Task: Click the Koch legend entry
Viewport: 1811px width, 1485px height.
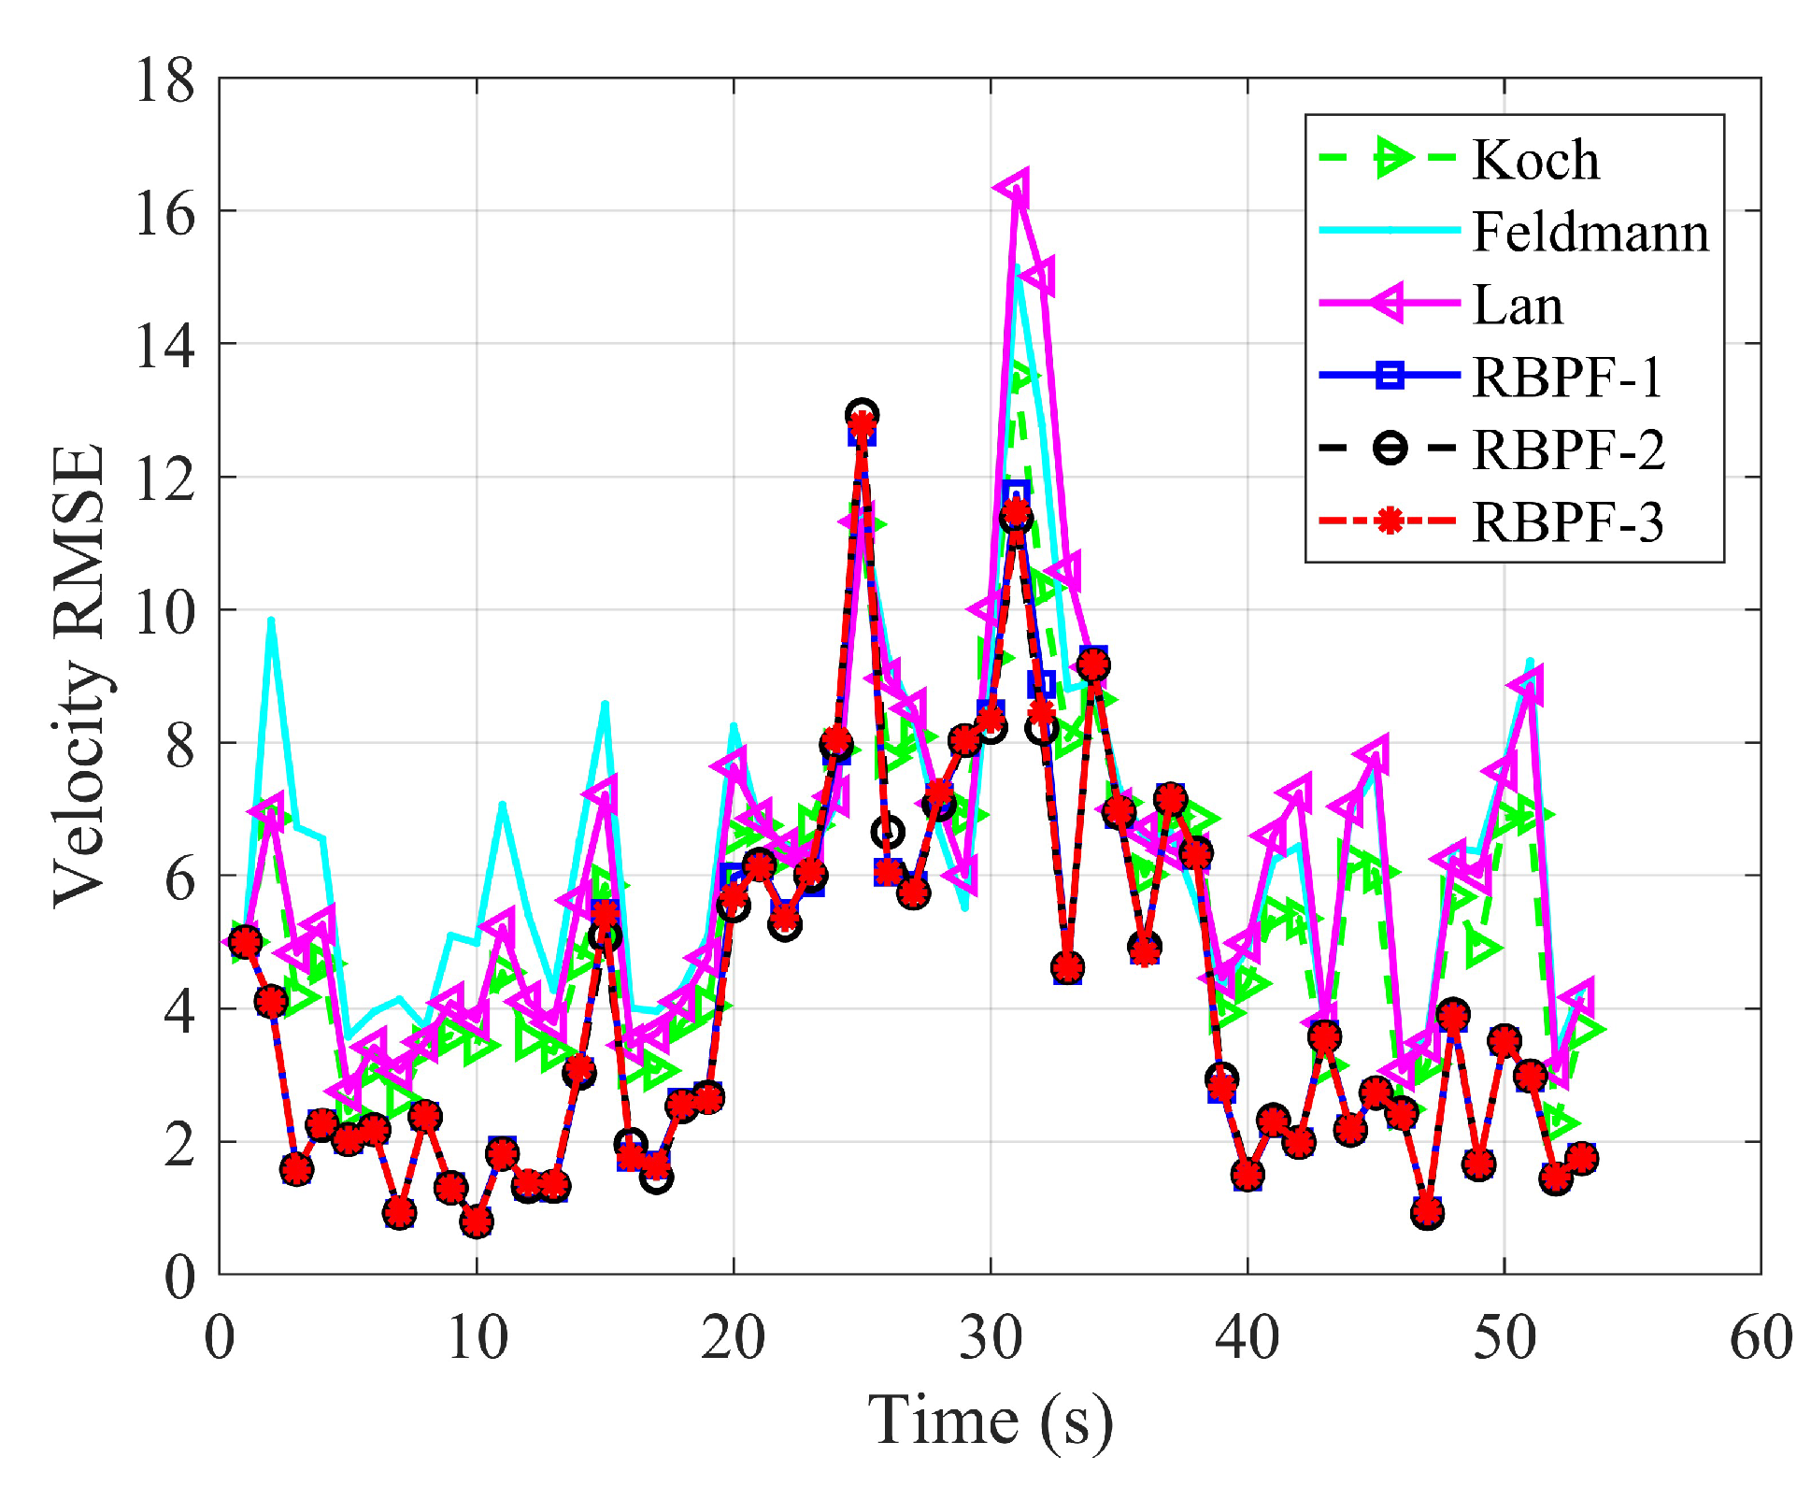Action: [x=1534, y=160]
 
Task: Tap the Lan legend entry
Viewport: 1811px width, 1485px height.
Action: [x=1517, y=305]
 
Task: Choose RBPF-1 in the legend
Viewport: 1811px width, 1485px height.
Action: [x=1567, y=377]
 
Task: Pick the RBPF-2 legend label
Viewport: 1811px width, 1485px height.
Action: [x=1568, y=450]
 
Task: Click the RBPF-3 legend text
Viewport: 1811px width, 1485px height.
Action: [x=1567, y=521]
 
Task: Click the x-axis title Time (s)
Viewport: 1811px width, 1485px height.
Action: [x=990, y=1421]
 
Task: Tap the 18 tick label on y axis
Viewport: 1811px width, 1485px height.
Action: [x=164, y=80]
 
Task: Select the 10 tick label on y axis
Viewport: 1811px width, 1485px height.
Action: [x=164, y=611]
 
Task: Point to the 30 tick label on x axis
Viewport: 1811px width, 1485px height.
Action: [x=990, y=1336]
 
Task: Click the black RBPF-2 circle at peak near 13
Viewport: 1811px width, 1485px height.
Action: [x=862, y=413]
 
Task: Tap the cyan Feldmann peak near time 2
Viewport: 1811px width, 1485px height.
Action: [x=271, y=620]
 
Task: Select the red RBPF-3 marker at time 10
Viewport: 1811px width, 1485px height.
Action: [x=477, y=1221]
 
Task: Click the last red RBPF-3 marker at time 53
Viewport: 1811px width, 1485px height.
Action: [x=1581, y=1158]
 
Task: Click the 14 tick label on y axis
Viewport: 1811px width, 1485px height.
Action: [x=164, y=346]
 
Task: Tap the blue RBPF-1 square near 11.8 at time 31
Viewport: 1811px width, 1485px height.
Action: [x=1016, y=493]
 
